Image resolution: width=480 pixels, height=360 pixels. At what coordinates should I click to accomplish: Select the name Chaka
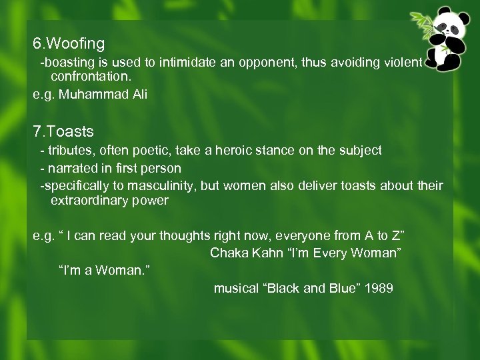point(227,253)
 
